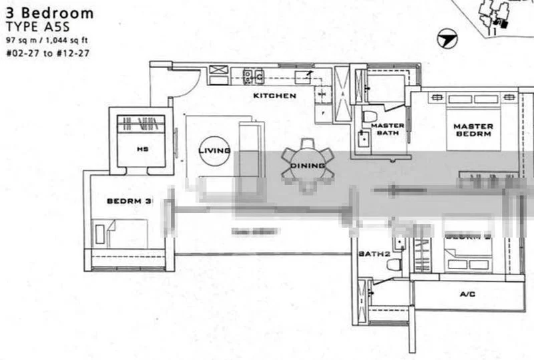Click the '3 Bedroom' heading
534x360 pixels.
coord(49,13)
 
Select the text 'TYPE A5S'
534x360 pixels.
coord(33,27)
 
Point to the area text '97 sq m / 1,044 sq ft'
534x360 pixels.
coord(47,41)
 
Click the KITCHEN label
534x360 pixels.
coord(274,96)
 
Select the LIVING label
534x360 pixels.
coord(214,151)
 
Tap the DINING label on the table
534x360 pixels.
coord(308,166)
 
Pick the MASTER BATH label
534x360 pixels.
coord(388,129)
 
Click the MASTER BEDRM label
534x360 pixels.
coord(473,130)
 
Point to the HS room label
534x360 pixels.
coord(142,149)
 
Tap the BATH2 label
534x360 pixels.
coord(373,254)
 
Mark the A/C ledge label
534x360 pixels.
coord(467,293)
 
